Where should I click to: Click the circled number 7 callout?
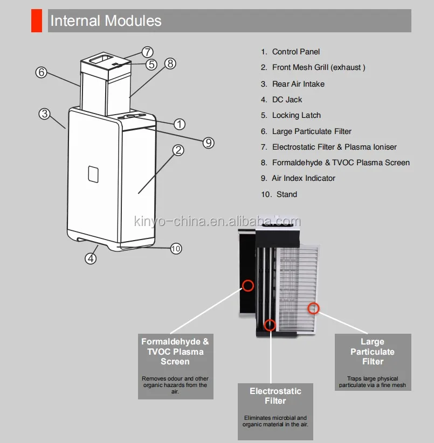148,52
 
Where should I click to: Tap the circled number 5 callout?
151,64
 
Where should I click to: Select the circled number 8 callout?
170,64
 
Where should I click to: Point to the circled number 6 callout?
42,72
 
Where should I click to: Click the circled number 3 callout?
44,114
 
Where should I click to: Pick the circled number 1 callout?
180,124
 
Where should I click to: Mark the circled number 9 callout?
208,142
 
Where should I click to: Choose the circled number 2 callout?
178,150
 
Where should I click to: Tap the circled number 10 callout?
176,248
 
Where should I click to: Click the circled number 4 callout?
91,258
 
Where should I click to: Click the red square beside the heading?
37,21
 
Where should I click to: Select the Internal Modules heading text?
106,21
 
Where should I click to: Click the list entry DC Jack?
287,100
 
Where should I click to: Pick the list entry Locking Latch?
296,115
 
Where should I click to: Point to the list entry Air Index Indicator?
303,178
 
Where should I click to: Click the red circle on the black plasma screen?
247,285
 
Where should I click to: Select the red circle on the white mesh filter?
313,308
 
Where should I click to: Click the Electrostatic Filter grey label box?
275,411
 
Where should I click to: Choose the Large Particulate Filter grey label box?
373,361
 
